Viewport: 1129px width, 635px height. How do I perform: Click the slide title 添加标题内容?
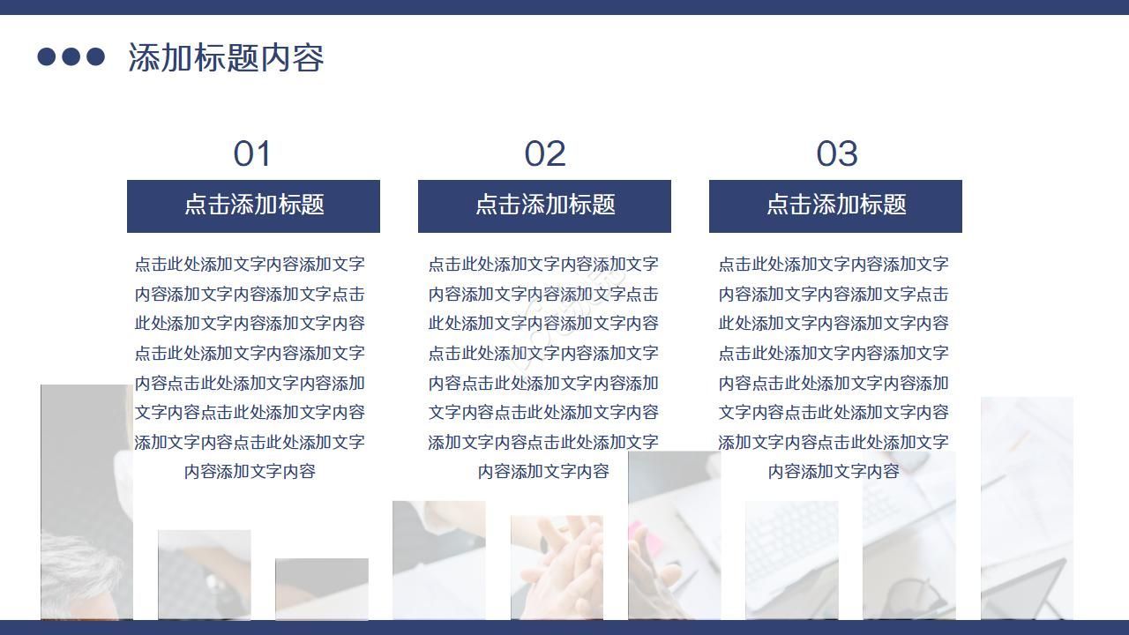click(x=226, y=57)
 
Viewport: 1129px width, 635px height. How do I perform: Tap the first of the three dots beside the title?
click(x=47, y=57)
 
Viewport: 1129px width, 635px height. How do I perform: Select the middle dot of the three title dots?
click(x=71, y=57)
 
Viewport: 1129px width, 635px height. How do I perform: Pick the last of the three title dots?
click(x=95, y=57)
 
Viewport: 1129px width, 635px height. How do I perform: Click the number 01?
click(x=252, y=154)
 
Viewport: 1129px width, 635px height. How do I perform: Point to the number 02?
click(x=544, y=154)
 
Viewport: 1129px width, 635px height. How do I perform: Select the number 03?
click(x=836, y=154)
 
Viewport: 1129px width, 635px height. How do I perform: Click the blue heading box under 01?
click(x=253, y=205)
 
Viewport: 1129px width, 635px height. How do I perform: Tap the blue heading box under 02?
click(x=544, y=205)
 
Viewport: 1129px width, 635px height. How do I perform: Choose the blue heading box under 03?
click(x=835, y=205)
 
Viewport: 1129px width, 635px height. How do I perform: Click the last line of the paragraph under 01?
click(x=250, y=471)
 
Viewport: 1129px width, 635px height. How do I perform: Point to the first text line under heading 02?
click(x=543, y=264)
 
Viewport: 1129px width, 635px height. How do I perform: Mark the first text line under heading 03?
click(x=834, y=264)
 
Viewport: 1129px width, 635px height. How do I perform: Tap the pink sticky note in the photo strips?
click(x=633, y=534)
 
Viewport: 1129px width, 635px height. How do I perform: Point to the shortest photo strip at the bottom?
click(x=321, y=588)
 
